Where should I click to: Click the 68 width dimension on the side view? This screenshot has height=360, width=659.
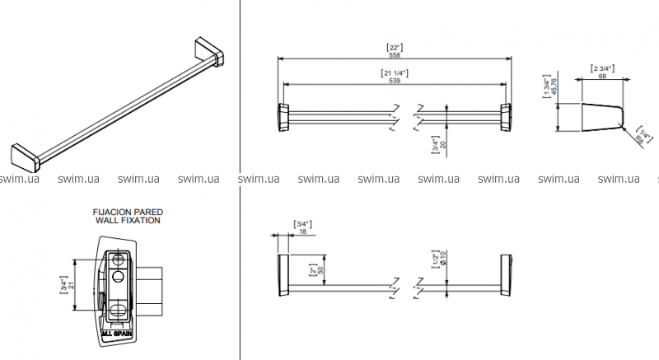[603, 75]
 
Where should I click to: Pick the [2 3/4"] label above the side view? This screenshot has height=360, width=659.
[603, 68]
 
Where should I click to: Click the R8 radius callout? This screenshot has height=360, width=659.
[639, 143]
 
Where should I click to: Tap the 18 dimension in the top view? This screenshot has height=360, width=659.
[302, 231]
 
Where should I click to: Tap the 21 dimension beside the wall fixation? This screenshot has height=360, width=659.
[72, 286]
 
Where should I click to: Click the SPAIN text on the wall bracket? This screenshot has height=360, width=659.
[125, 334]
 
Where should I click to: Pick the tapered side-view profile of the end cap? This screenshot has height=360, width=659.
[601, 117]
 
